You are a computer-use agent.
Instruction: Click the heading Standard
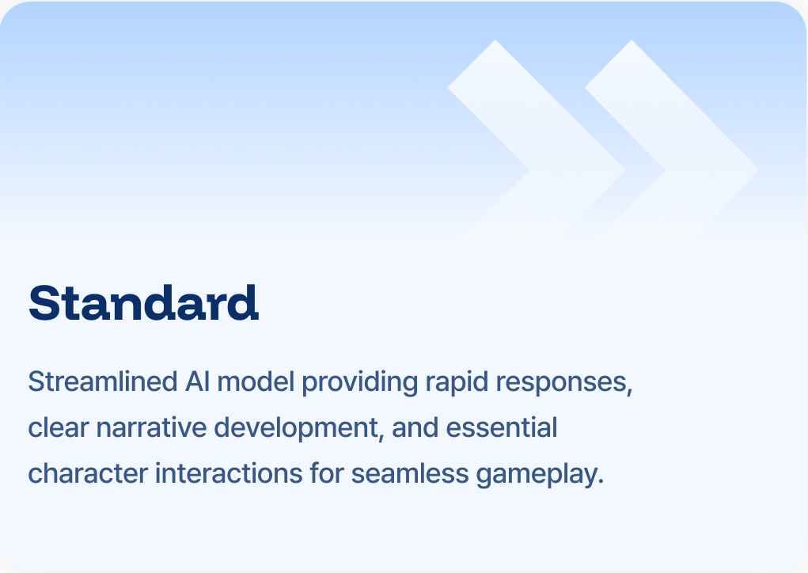point(143,302)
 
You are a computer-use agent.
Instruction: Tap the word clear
point(55,429)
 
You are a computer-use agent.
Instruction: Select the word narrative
point(141,429)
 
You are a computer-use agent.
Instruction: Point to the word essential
point(502,429)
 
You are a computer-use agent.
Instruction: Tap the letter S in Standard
point(46,302)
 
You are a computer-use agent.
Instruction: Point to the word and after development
point(415,429)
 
